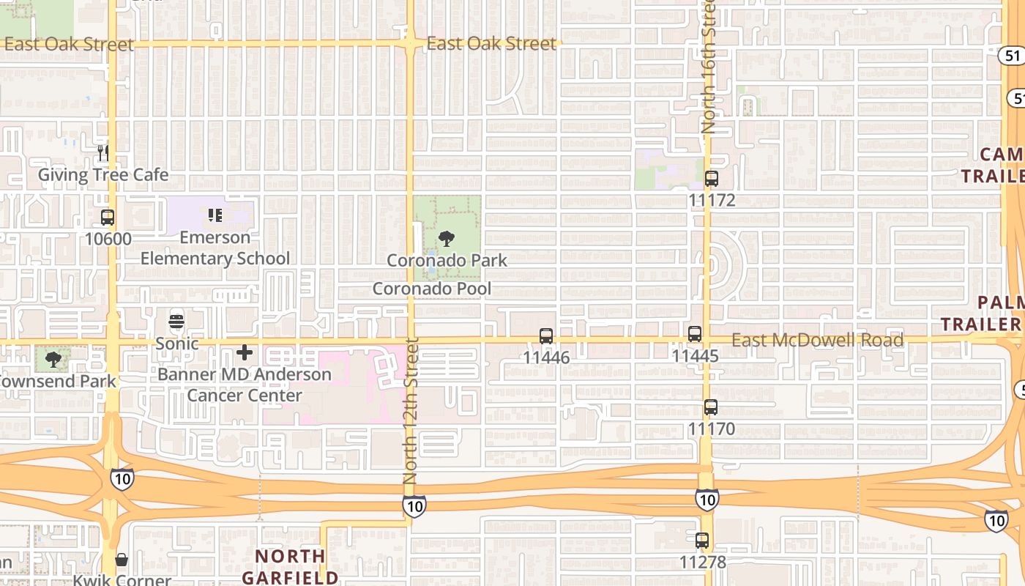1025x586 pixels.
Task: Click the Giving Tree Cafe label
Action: pos(103,175)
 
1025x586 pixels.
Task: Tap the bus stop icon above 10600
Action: pos(108,218)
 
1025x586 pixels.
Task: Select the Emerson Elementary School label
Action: pos(215,248)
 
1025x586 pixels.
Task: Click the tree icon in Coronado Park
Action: pos(446,239)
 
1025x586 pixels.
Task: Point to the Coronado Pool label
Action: pos(432,289)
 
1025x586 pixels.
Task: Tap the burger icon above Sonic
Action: pos(176,322)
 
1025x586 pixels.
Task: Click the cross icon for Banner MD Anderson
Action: pos(245,353)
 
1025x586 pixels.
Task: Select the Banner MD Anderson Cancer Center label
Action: pos(245,385)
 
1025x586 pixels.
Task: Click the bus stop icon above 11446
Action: pos(546,336)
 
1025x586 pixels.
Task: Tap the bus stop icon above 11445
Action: pos(695,335)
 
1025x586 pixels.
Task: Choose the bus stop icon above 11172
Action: pos(711,179)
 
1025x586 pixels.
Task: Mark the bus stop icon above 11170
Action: pos(710,408)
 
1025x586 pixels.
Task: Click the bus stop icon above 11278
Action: pos(702,541)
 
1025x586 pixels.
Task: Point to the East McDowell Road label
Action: pos(818,341)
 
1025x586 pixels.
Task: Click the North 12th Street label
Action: pos(411,410)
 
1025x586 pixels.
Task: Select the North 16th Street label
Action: pos(709,66)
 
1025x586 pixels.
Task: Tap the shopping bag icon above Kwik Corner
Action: pos(122,560)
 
